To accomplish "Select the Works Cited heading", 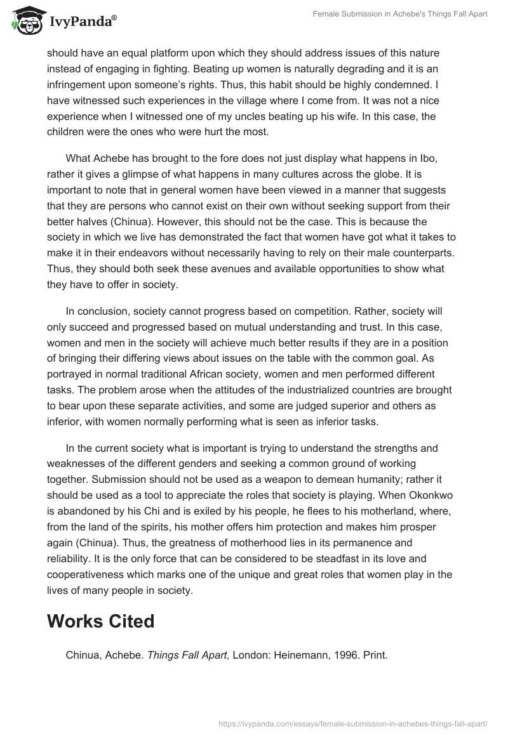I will tap(100, 621).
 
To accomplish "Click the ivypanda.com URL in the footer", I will tap(352, 723).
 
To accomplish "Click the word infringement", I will tap(79, 84).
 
